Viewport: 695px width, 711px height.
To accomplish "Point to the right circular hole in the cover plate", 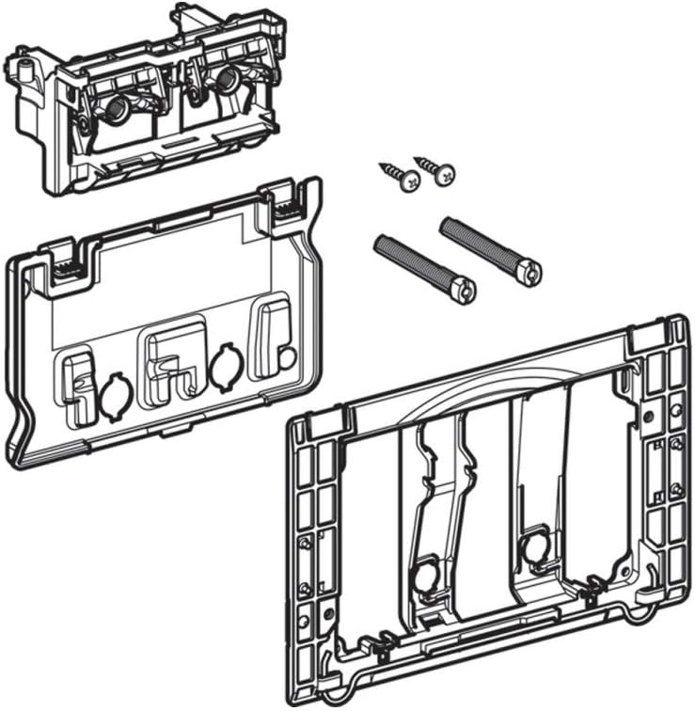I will [x=225, y=367].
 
